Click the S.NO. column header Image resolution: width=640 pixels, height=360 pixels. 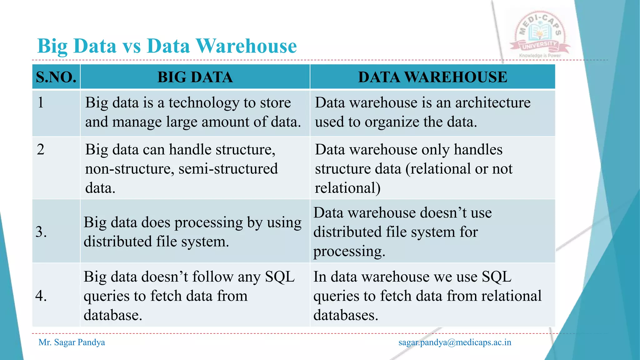pos(56,77)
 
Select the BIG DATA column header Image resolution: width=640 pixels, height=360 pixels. pos(195,77)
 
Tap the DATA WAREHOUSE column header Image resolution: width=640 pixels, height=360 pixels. pos(432,77)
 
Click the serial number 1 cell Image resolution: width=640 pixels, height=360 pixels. pos(41,102)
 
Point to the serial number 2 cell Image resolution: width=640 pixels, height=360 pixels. pos(41,149)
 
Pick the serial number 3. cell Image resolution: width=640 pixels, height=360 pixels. pos(41,232)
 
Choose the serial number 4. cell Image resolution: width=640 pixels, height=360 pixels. pos(41,296)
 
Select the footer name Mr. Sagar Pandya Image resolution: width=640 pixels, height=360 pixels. pos(72,342)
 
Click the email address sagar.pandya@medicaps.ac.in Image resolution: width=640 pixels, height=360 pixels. pos(455,342)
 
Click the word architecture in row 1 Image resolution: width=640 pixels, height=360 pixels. pos(492,102)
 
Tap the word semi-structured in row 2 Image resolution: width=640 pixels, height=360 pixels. pos(228,169)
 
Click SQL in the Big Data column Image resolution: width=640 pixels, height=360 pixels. pos(280,277)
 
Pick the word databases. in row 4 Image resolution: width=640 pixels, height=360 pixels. pos(346,315)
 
